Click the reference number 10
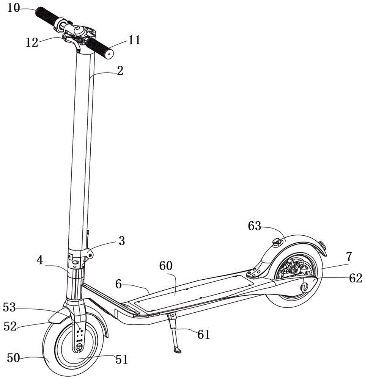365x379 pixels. (14, 8)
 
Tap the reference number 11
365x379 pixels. (134, 40)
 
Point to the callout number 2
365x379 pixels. (120, 71)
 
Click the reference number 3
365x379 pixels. (122, 241)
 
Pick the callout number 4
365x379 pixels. (40, 261)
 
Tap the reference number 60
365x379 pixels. (166, 266)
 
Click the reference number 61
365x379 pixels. (203, 335)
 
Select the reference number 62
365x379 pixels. (356, 279)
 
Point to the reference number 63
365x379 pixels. (254, 226)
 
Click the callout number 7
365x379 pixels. (349, 257)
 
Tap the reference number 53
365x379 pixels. (9, 308)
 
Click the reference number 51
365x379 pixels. (121, 360)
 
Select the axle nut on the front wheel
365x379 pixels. (79, 347)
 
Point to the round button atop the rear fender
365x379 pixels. (277, 241)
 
